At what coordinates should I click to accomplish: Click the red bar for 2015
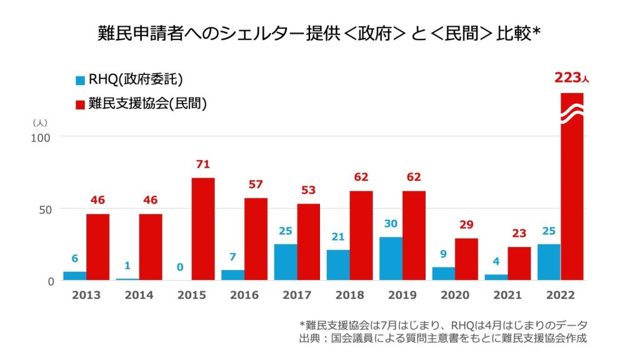pos(203,229)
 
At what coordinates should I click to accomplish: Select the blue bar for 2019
pos(391,258)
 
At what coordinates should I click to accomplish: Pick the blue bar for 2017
pos(286,262)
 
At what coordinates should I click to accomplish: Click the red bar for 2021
pos(519,263)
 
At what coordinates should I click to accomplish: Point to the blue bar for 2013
pos(75,276)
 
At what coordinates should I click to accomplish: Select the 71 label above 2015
pos(203,164)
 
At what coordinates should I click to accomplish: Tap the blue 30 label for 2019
pos(391,224)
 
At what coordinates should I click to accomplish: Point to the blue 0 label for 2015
pos(180,267)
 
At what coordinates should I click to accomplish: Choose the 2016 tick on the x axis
pos(244,296)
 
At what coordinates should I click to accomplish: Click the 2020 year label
pos(455,296)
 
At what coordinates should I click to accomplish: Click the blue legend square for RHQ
pos(80,80)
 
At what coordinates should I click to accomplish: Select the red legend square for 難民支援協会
pos(80,104)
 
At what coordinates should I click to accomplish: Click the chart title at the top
pos(319,34)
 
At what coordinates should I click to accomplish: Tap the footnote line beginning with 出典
pos(444,338)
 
